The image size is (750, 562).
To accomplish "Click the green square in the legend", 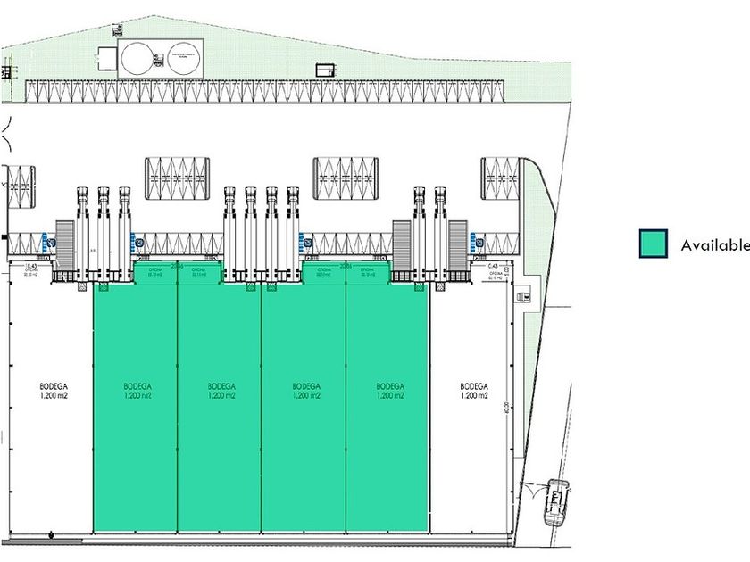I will tap(653, 244).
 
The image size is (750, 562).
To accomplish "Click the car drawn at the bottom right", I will tap(555, 503).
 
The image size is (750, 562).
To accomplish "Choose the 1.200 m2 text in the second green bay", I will tap(220, 395).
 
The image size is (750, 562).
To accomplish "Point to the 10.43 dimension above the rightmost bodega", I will tap(490, 267).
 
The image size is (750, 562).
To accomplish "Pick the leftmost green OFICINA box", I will tap(154, 273).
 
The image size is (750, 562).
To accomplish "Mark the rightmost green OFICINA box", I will tap(367, 273).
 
